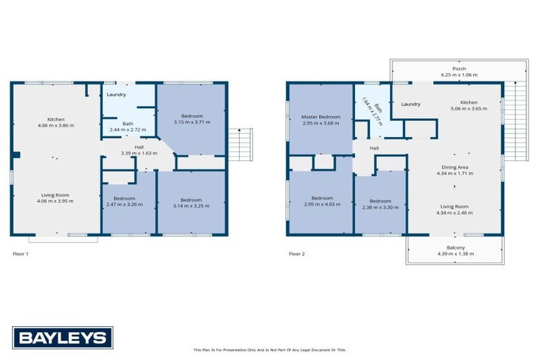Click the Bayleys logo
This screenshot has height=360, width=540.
[62, 337]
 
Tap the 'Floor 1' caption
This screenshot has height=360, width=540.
[21, 253]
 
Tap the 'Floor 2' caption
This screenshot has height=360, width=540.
[297, 253]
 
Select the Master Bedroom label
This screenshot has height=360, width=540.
[321, 117]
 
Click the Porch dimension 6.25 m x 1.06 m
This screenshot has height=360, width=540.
[458, 75]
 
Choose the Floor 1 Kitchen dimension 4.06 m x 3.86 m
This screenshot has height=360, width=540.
[56, 125]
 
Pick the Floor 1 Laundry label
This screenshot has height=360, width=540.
[116, 95]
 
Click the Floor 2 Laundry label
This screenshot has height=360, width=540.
[411, 104]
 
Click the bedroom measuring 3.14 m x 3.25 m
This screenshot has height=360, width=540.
[191, 205]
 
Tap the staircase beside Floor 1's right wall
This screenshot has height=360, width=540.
[243, 145]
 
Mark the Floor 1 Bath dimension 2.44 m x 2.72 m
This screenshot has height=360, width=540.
[128, 130]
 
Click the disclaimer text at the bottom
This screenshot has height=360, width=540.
[270, 349]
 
